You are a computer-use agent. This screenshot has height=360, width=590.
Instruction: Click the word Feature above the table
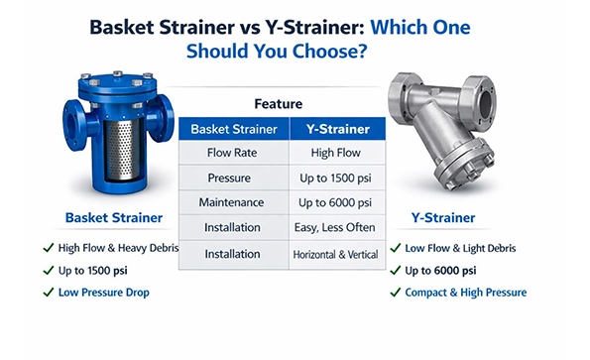[285, 103]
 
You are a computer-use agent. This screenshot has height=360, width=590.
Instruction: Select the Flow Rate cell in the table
[233, 153]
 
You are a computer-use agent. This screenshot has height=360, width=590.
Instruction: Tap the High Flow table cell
[334, 153]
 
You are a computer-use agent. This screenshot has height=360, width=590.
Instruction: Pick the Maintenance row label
[233, 203]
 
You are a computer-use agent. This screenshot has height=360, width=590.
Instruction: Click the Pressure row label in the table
[233, 179]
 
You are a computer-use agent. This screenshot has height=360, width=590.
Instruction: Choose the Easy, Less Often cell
[335, 228]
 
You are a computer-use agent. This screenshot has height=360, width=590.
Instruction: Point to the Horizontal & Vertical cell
[335, 255]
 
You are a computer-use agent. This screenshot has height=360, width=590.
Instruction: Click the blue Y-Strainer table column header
[335, 128]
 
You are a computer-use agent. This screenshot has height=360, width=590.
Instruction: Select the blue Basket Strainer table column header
[233, 128]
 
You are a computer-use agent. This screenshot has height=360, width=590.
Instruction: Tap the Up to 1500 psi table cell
[335, 179]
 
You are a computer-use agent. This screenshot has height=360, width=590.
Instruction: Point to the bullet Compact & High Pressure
[465, 293]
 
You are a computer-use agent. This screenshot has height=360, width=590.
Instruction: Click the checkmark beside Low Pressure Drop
[48, 292]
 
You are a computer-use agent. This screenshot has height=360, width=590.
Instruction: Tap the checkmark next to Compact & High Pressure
[395, 293]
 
